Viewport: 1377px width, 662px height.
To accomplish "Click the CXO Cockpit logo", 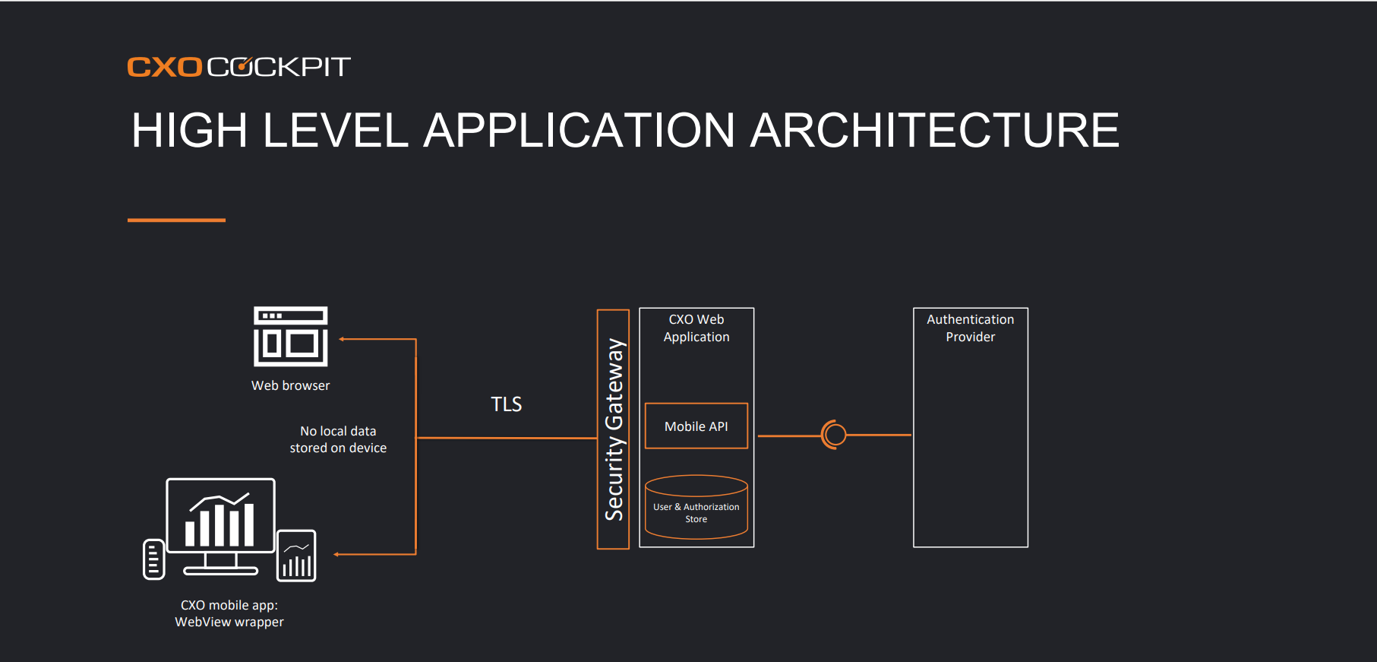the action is click(x=238, y=67).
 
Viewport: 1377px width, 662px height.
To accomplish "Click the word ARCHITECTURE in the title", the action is click(x=934, y=130).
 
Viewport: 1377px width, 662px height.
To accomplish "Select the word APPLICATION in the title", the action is click(x=579, y=130).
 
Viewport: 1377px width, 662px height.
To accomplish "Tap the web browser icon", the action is click(x=291, y=336).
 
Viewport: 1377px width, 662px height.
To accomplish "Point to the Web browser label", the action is click(x=291, y=385).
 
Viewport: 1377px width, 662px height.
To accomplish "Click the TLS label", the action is click(x=507, y=404).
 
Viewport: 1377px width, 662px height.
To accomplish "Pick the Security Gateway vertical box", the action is click(x=613, y=429).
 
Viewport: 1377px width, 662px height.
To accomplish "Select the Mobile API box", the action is click(x=696, y=426).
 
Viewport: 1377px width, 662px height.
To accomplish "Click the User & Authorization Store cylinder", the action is click(x=696, y=507).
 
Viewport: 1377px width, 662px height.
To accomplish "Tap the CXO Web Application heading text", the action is click(x=696, y=328).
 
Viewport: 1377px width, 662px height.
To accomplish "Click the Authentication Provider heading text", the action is click(x=971, y=328).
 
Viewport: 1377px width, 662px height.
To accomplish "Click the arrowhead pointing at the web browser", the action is click(x=343, y=339).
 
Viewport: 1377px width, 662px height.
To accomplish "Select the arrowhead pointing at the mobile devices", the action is click(x=337, y=554).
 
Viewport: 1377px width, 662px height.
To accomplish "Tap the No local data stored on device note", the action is click(x=338, y=439).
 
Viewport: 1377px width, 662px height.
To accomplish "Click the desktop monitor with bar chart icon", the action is click(x=220, y=526).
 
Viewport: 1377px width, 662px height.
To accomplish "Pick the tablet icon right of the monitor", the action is click(x=296, y=556).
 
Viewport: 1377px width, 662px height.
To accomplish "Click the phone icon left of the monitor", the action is click(x=154, y=559).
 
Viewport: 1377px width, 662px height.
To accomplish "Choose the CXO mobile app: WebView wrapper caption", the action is click(x=229, y=613).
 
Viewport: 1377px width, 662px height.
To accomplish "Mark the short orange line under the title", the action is click(x=176, y=220).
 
